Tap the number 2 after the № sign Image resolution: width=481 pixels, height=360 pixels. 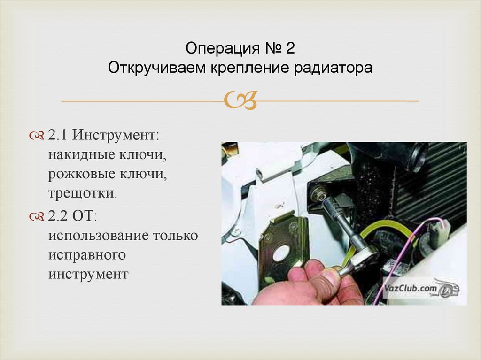pyautogui.click(x=290, y=48)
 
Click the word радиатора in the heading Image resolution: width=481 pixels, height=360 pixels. pyautogui.click(x=333, y=68)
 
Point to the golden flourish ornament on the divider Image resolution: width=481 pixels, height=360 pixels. pyautogui.click(x=240, y=100)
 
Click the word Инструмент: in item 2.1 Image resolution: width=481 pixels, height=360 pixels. pyautogui.click(x=116, y=135)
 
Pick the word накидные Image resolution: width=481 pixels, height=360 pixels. pyautogui.click(x=81, y=154)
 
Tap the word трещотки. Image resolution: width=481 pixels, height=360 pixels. pyautogui.click(x=83, y=193)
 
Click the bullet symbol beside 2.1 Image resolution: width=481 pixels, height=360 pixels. pyautogui.click(x=37, y=136)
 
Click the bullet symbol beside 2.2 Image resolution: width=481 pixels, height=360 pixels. pyautogui.click(x=37, y=217)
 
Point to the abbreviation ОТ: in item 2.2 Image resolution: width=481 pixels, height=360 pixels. pyautogui.click(x=84, y=216)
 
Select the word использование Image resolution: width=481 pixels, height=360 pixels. pyautogui.click(x=99, y=236)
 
